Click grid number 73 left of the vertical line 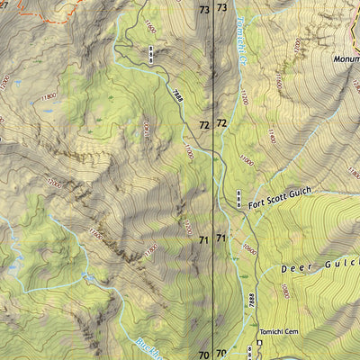pos(203,9)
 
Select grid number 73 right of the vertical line pos(221,9)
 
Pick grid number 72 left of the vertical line pos(203,124)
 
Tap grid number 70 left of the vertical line pos(203,354)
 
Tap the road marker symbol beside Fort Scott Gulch pos(238,198)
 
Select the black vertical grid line pos(212,180)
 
